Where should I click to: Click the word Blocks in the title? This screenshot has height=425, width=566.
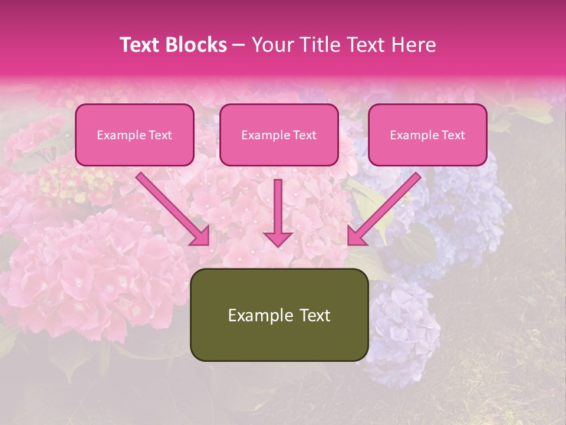click(196, 45)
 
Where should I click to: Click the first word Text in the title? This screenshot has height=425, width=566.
click(142, 45)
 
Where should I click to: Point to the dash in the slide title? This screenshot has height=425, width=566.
click(239, 45)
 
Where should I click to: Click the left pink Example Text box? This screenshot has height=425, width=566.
click(134, 135)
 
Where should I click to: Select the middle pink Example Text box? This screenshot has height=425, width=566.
click(279, 135)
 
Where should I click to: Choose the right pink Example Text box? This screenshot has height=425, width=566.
click(427, 135)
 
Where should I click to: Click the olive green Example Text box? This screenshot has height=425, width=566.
click(279, 315)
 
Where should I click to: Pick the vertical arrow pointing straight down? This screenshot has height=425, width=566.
click(278, 210)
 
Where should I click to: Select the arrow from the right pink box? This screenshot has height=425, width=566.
click(386, 207)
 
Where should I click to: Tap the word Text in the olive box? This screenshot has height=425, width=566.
click(314, 315)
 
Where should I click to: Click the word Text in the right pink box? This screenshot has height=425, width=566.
click(453, 135)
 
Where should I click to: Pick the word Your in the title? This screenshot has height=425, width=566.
click(271, 45)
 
